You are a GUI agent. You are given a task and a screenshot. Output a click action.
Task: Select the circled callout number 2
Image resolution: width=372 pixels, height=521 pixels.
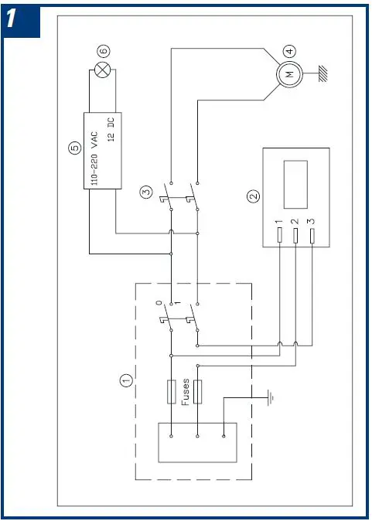pos(252,197)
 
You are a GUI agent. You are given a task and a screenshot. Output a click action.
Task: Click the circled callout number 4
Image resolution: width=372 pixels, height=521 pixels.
pos(288,52)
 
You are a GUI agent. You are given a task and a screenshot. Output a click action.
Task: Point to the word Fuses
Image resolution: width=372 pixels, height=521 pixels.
pos(186,391)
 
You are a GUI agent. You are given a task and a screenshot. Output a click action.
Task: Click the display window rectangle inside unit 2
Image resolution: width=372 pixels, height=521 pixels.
pos(295,184)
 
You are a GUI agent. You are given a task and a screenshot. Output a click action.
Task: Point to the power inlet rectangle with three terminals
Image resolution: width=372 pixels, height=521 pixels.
pos(197,442)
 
